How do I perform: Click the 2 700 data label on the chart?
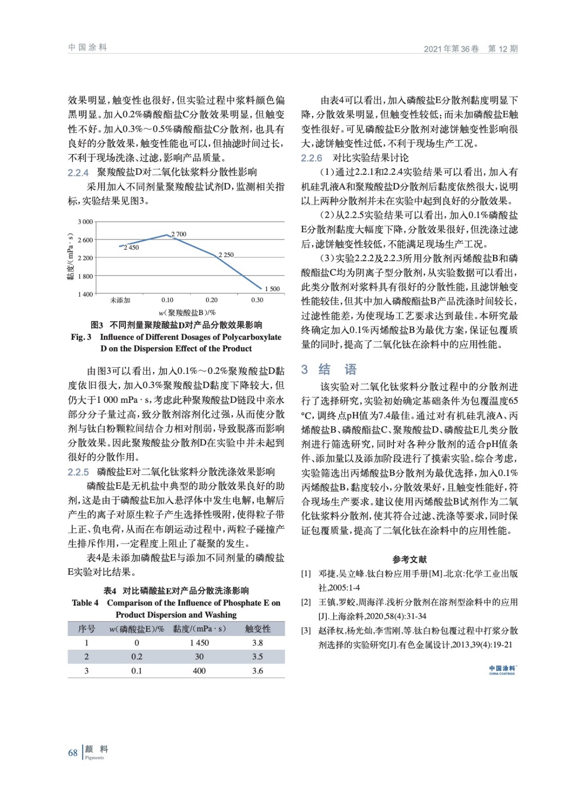pyautogui.click(x=179, y=234)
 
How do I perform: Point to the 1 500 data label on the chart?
pyautogui.click(x=272, y=289)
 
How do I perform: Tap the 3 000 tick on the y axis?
pyautogui.click(x=85, y=222)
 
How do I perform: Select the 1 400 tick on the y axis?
pyautogui.click(x=85, y=294)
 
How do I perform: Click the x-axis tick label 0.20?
pyautogui.click(x=211, y=300)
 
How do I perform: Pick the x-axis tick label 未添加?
pyautogui.click(x=120, y=300)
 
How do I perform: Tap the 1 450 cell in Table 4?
pyautogui.click(x=199, y=643)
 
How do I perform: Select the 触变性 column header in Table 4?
pyautogui.click(x=258, y=629)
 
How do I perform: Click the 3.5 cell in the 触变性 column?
pyautogui.click(x=258, y=657)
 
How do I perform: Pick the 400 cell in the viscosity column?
pyautogui.click(x=199, y=671)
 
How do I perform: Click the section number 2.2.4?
pyautogui.click(x=78, y=172)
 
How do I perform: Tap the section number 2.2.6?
pyautogui.click(x=312, y=158)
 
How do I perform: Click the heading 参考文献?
pyautogui.click(x=409, y=559)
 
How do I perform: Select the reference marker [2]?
pyautogui.click(x=306, y=602)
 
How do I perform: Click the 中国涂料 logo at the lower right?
pyautogui.click(x=502, y=670)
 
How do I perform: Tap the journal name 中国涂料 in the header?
pyautogui.click(x=87, y=47)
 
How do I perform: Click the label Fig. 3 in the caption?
pyautogui.click(x=81, y=337)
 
